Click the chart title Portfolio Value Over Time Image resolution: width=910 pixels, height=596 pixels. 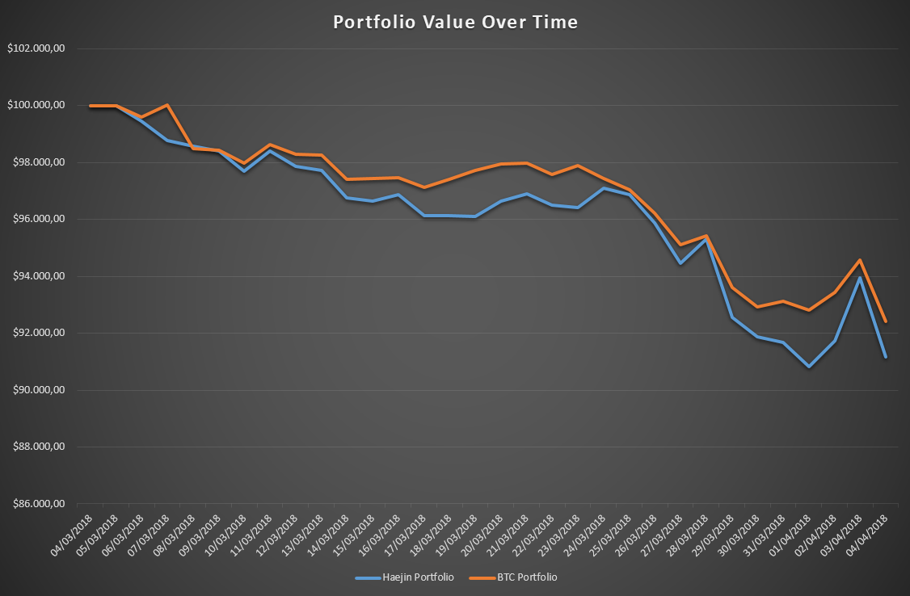pos(455,23)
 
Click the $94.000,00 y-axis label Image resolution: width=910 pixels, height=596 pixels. pos(37,276)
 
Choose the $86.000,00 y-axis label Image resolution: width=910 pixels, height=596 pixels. pos(37,504)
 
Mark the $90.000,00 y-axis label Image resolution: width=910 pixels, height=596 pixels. pos(37,390)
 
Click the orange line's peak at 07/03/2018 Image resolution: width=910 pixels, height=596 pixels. pos(167,105)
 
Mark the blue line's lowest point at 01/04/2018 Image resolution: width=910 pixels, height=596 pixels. pos(809,367)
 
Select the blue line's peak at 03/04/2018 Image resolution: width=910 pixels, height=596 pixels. pos(860,278)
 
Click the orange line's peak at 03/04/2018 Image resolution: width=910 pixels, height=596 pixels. pos(860,260)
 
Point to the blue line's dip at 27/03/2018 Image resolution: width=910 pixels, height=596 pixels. pos(680,263)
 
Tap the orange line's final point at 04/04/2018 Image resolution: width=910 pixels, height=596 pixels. pos(886,321)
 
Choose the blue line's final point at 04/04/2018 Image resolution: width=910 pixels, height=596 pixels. pos(886,357)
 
